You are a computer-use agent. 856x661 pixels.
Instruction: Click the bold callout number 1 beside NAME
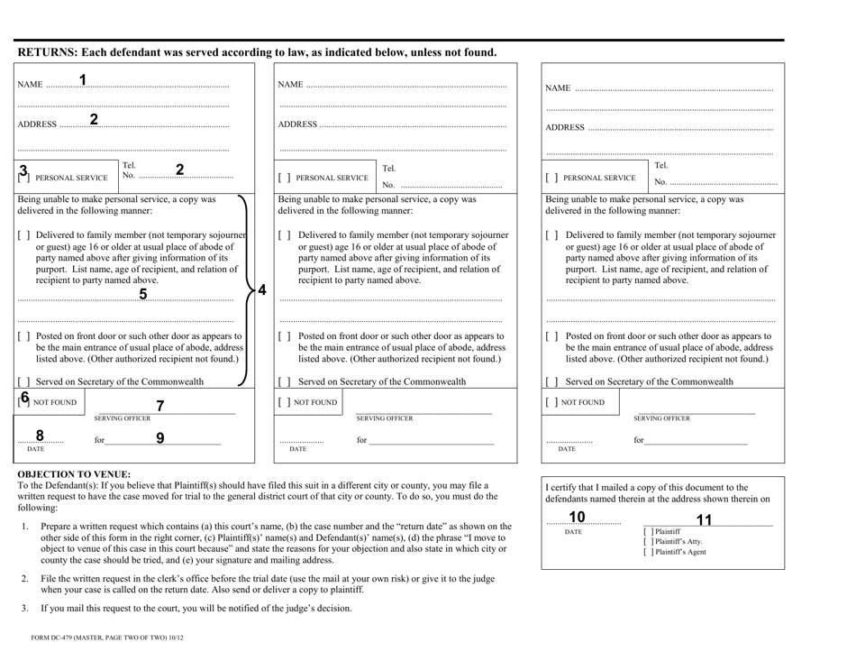click(83, 80)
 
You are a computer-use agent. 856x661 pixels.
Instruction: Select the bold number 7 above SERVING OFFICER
click(160, 406)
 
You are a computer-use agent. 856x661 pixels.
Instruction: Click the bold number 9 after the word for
click(160, 439)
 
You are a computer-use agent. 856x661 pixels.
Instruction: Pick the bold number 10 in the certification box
click(576, 517)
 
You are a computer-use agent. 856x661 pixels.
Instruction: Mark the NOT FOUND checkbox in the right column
click(551, 401)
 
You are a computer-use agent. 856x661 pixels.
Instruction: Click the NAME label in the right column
click(559, 89)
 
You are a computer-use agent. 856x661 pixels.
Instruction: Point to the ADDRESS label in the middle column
click(298, 124)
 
